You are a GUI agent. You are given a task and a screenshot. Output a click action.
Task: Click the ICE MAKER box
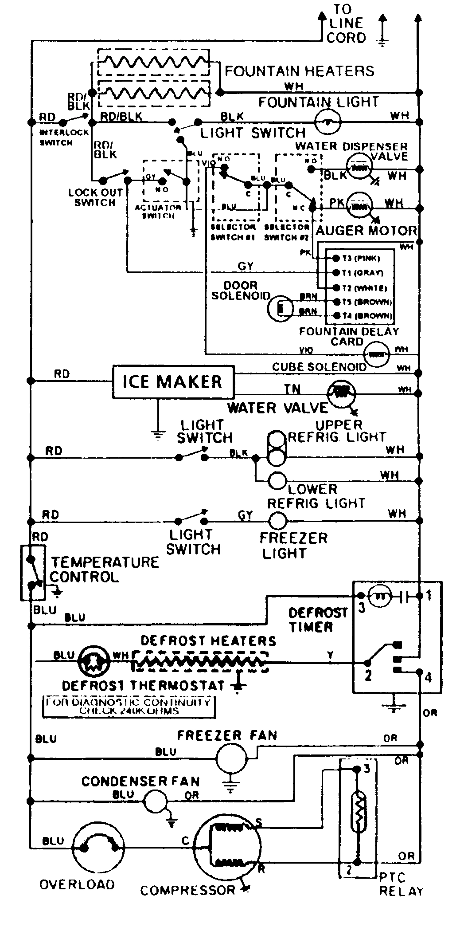(x=173, y=382)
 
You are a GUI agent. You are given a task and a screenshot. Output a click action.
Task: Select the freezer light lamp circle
(x=278, y=520)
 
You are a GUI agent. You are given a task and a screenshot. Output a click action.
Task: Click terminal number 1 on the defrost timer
(x=429, y=595)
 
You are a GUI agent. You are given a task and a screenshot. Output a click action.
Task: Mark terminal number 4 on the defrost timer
(x=428, y=677)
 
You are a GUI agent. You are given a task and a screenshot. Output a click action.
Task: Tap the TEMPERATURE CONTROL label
(x=104, y=570)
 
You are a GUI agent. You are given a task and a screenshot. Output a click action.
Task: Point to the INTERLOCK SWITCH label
(x=58, y=137)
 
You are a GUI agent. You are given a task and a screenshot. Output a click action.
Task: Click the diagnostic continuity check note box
(x=129, y=707)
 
